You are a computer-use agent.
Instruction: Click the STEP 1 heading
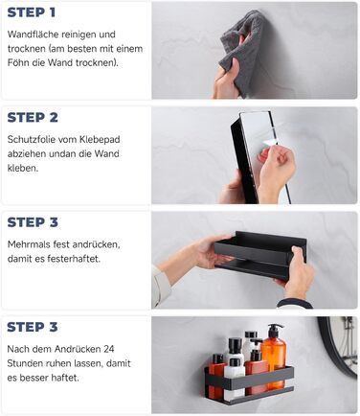tap(32, 12)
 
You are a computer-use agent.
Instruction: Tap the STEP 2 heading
tap(33, 117)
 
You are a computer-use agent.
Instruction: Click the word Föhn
tap(18, 62)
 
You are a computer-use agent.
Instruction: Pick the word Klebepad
tap(100, 140)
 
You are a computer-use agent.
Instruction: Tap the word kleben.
tap(23, 168)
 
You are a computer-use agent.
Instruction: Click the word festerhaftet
tap(74, 259)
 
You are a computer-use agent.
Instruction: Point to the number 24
tap(109, 349)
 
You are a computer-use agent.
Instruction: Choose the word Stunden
tap(25, 363)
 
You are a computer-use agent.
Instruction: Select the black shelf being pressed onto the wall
tap(260, 255)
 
